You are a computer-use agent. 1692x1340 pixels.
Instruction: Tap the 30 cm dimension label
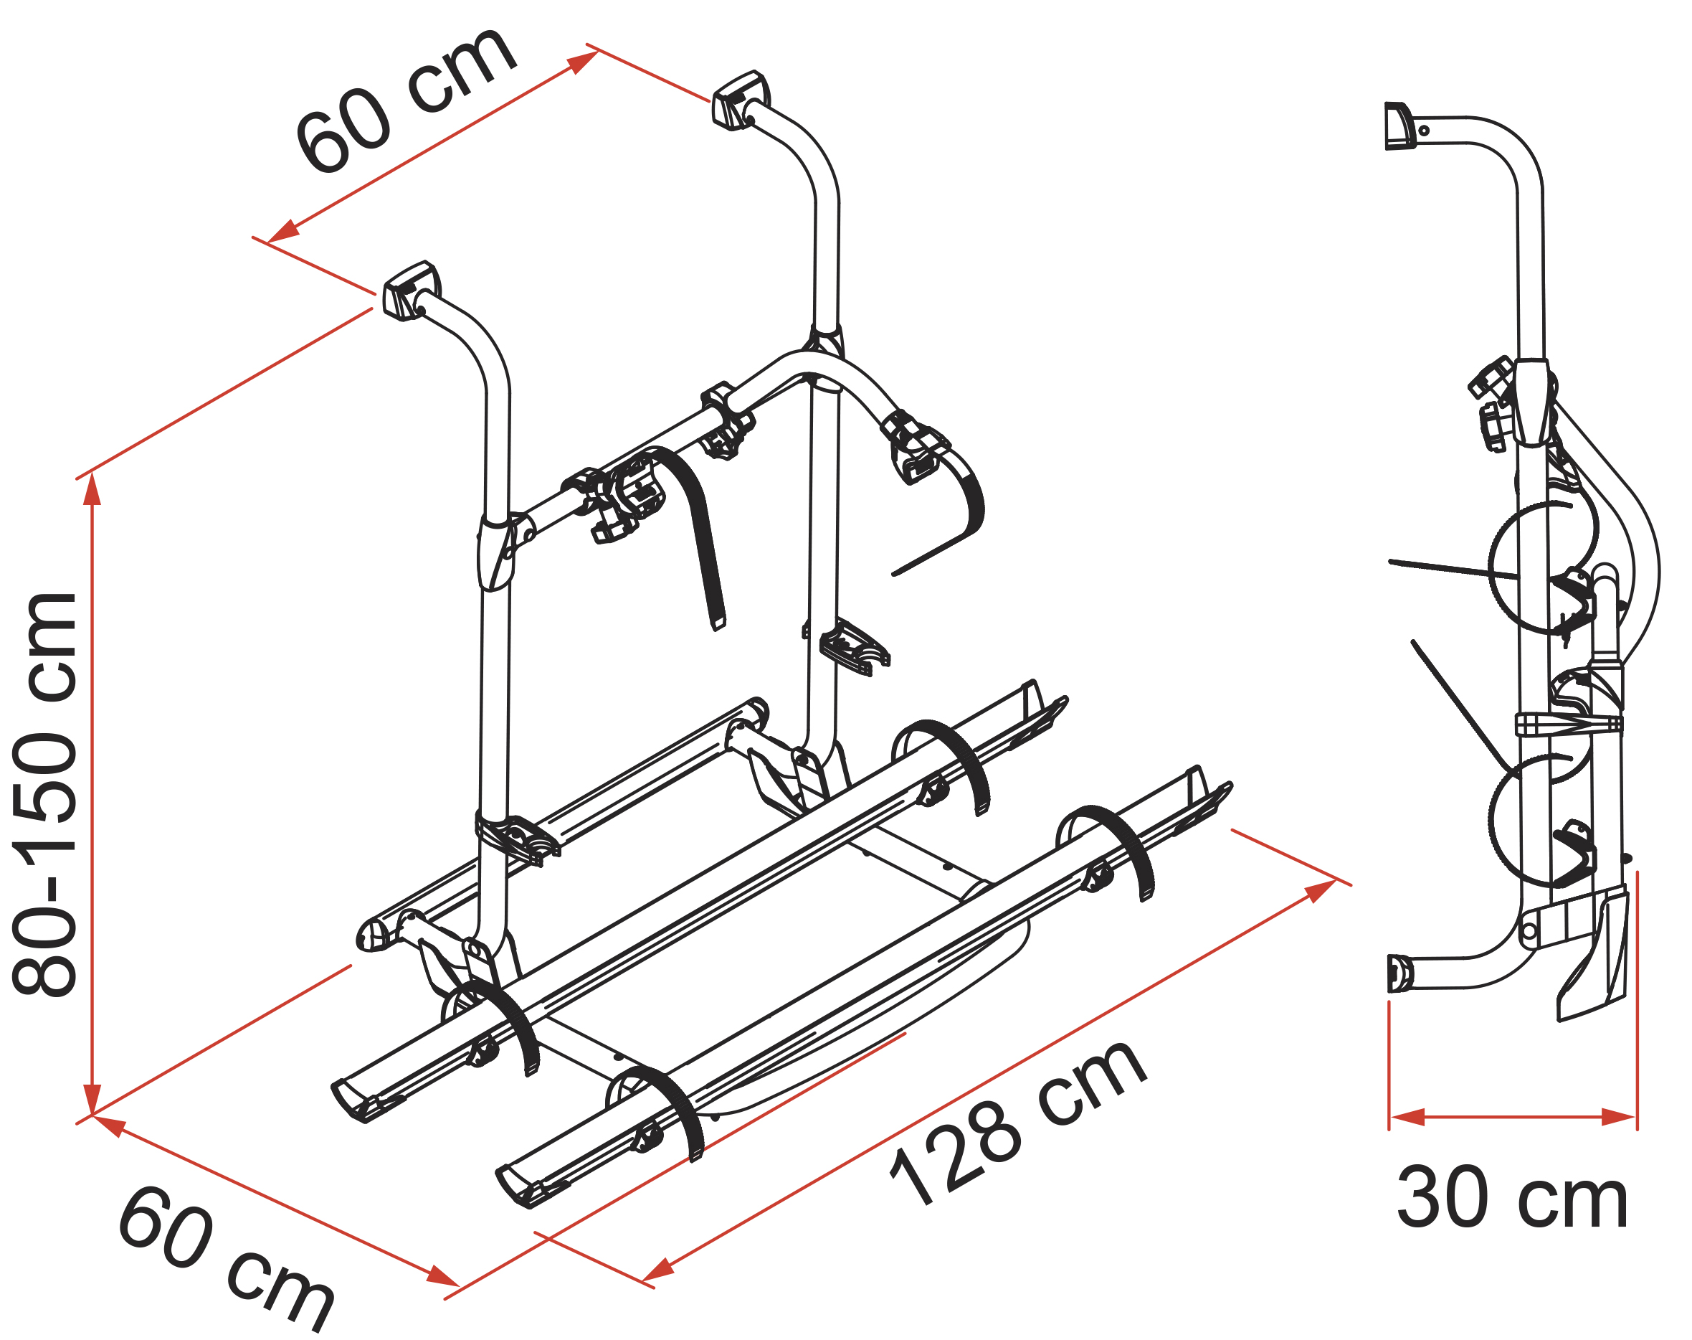pos(1513,1198)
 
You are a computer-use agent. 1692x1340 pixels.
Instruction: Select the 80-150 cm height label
pos(45,794)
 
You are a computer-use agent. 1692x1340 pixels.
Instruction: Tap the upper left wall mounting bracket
pos(411,291)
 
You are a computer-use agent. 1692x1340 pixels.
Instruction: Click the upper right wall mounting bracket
pos(740,100)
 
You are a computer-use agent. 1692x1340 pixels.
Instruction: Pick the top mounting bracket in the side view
pos(1399,126)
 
